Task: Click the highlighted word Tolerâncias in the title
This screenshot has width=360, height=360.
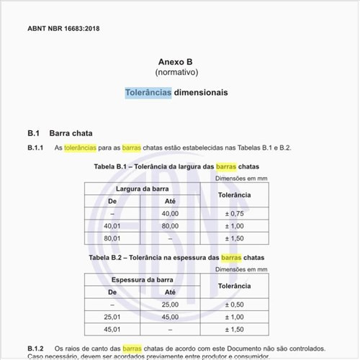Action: (x=148, y=93)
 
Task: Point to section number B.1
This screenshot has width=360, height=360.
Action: (x=33, y=133)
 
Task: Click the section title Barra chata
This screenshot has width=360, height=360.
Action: (x=71, y=133)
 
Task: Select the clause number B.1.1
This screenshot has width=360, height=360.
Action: (x=36, y=148)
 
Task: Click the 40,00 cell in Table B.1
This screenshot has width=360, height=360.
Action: (x=170, y=214)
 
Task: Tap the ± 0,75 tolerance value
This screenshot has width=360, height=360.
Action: (x=235, y=214)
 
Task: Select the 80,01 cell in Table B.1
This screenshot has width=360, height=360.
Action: (x=112, y=238)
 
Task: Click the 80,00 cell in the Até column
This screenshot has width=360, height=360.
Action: (x=170, y=226)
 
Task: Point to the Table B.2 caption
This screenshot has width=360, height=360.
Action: (x=176, y=257)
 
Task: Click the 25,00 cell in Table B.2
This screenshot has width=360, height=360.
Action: (x=170, y=305)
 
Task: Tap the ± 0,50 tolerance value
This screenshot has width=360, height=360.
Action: (x=235, y=305)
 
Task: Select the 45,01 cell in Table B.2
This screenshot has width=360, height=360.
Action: (x=112, y=329)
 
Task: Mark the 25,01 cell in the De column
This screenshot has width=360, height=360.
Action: (x=112, y=317)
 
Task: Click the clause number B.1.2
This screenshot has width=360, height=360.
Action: (x=36, y=348)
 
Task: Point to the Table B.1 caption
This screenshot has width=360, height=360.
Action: (x=176, y=166)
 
